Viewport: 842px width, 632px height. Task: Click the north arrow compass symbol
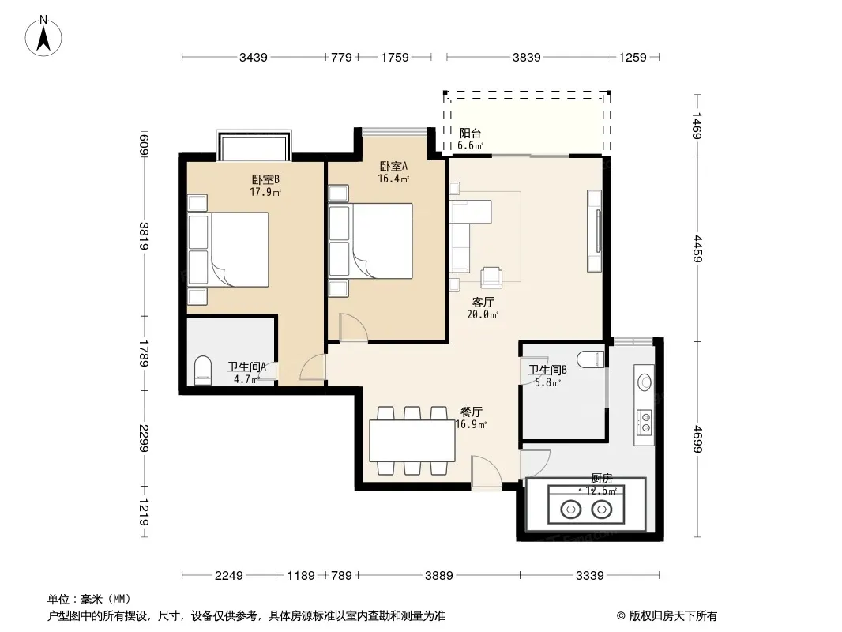43,36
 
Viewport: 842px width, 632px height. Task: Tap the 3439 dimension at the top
254,57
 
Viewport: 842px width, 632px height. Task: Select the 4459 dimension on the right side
697,249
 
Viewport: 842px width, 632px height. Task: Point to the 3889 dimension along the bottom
438,576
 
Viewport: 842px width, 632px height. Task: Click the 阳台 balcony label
470,134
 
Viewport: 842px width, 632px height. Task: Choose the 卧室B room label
265,179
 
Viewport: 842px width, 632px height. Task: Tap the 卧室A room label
393,167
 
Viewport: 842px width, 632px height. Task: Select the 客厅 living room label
483,303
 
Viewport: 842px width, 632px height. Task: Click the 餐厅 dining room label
471,412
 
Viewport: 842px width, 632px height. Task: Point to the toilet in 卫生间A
202,371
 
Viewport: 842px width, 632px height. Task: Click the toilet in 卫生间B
591,359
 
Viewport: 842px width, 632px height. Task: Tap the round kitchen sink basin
645,382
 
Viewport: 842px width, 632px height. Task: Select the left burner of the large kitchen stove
570,509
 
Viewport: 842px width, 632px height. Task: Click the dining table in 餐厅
412,441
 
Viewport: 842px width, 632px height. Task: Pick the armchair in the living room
491,277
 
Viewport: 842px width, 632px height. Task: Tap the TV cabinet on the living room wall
595,231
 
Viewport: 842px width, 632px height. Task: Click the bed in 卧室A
370,241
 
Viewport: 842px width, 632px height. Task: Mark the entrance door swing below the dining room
487,472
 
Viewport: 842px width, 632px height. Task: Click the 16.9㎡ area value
471,425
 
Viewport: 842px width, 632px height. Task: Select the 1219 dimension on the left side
144,512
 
